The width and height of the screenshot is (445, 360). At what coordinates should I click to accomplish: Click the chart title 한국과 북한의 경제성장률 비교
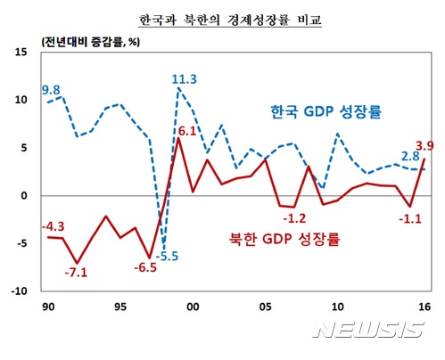(x=222, y=18)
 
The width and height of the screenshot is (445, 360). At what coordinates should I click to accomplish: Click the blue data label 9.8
(x=51, y=90)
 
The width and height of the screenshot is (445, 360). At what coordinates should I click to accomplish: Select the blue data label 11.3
(x=185, y=78)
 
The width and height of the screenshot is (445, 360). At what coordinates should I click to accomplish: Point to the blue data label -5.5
(x=168, y=257)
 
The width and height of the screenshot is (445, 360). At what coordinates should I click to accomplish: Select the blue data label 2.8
(x=410, y=157)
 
